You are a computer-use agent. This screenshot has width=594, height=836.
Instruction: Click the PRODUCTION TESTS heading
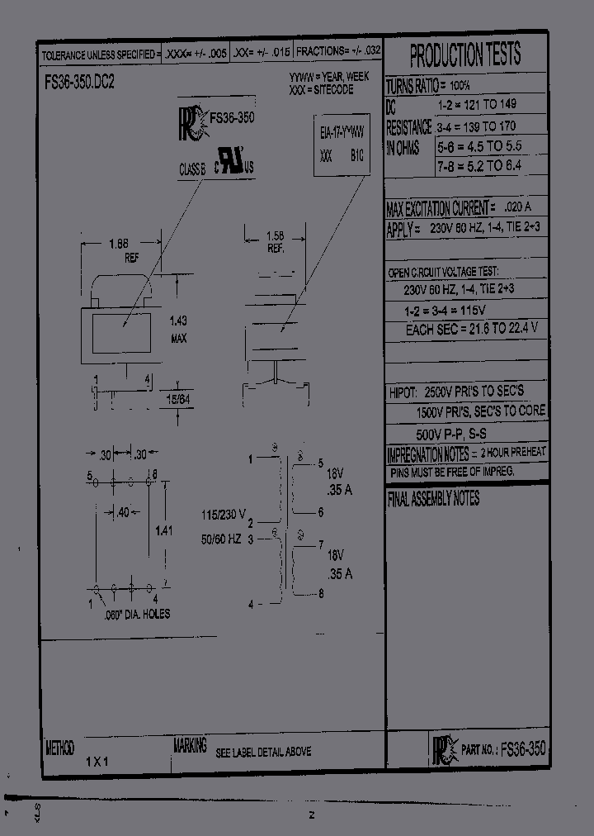tap(465, 56)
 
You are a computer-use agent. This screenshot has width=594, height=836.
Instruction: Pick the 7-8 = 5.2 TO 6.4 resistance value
tap(479, 166)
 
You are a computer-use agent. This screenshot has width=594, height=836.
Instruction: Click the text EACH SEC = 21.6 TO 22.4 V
tap(471, 329)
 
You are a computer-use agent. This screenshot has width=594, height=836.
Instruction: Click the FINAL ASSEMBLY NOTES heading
tap(433, 499)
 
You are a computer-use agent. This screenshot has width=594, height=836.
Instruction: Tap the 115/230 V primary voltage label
tap(224, 515)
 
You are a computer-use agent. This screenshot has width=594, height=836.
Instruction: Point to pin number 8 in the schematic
tap(321, 592)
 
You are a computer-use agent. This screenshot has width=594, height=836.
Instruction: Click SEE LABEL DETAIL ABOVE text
tap(263, 753)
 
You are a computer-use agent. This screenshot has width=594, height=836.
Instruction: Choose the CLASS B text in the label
tap(194, 169)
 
